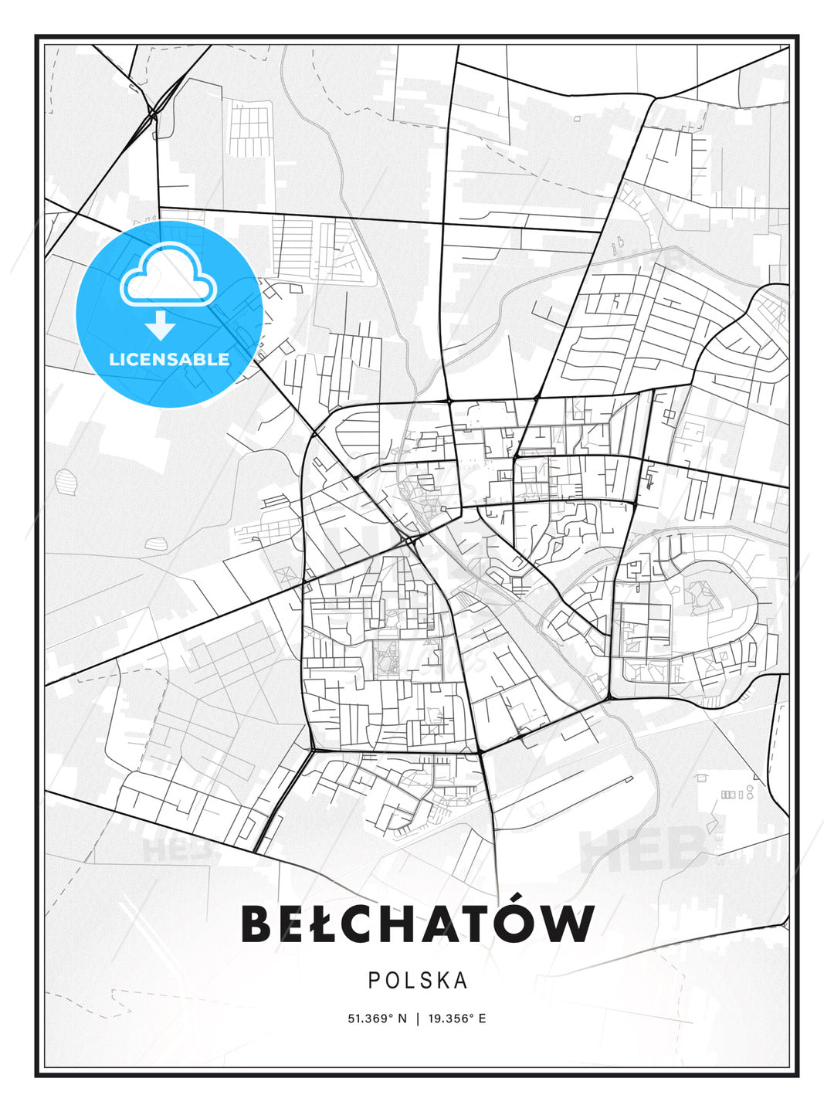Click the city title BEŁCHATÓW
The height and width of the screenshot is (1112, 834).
pos(418,924)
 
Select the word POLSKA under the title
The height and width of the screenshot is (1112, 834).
pos(418,981)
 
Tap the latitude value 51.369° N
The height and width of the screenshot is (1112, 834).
pos(377,1019)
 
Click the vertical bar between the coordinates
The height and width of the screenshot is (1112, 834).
pos(417,1019)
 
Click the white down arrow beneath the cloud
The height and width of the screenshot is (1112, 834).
pos(161,326)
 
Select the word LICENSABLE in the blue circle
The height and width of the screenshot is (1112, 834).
pos(169,359)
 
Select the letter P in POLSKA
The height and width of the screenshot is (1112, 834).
pos(373,981)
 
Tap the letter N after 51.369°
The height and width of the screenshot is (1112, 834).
pos(402,1019)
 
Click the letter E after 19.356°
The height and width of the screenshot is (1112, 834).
pos(482,1019)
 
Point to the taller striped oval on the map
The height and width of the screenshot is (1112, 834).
pos(67,483)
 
